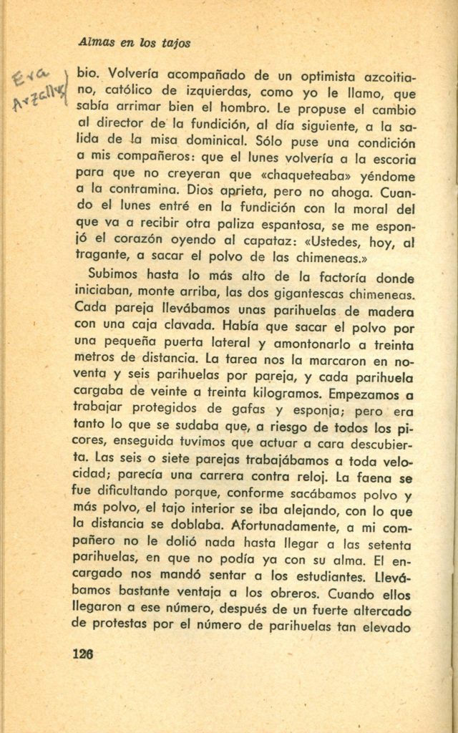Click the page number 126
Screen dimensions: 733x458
point(83,654)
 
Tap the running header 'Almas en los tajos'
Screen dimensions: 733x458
point(135,43)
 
